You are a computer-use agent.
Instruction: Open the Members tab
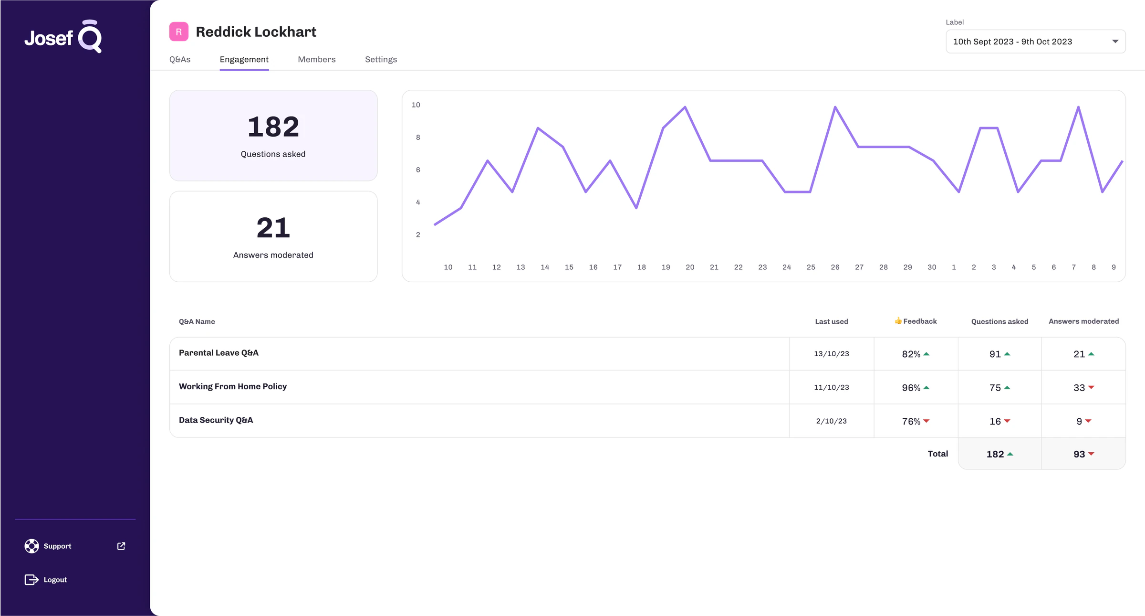[x=317, y=59]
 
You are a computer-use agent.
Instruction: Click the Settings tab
[x=381, y=59]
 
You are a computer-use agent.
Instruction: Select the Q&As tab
[x=180, y=59]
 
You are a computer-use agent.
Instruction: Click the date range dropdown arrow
[x=1115, y=42]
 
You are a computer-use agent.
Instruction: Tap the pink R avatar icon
[x=179, y=32]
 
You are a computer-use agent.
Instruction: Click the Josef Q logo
[x=63, y=36]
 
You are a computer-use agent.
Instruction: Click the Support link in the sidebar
[x=57, y=546]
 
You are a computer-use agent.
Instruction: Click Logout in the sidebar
[x=55, y=580]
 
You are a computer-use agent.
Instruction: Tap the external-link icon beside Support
[x=121, y=546]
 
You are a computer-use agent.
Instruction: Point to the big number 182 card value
[x=273, y=127]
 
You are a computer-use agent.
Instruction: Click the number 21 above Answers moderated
[x=273, y=228]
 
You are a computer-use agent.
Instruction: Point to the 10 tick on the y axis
[x=416, y=105]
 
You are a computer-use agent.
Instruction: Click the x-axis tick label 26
[x=835, y=267]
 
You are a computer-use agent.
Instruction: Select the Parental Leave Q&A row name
[x=219, y=353]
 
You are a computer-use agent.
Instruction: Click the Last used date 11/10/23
[x=832, y=387]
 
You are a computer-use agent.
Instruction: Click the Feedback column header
[x=916, y=321]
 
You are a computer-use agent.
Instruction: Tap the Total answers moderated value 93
[x=1079, y=454]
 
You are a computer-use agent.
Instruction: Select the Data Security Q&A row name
[x=216, y=420]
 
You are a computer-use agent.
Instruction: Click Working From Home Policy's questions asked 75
[x=995, y=388]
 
